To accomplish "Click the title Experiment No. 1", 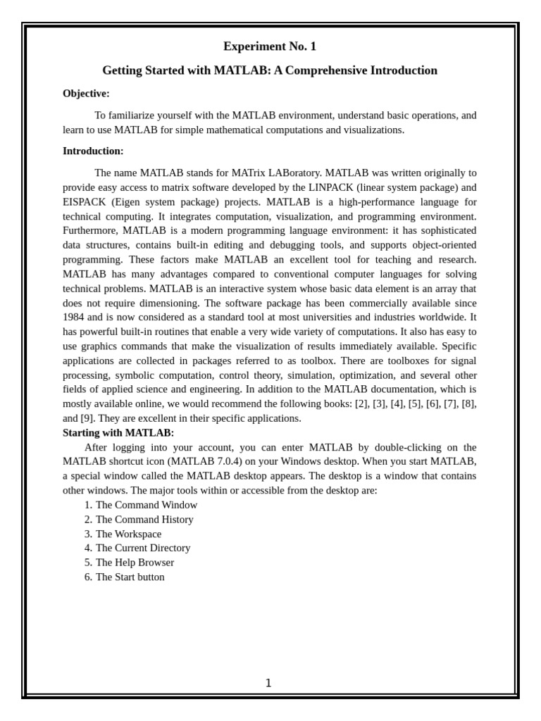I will click(270, 46).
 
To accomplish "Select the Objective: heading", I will click(86, 94).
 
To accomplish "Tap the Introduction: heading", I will click(93, 151).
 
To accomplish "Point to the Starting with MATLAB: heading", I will click(118, 432).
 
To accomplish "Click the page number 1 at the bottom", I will click(268, 683).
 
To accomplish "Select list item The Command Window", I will click(147, 505).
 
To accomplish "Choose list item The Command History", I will click(144, 520).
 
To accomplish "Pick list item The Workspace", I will click(128, 534).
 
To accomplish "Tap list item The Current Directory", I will click(143, 548).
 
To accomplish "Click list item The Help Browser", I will click(135, 563).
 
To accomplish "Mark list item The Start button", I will click(130, 577).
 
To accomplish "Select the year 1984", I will click(73, 317).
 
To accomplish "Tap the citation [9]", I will click(87, 418).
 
